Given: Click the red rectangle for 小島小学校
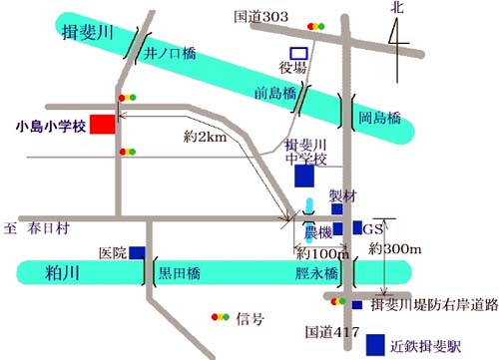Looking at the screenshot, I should pyautogui.click(x=101, y=125).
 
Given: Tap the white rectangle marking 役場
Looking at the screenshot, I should pyautogui.click(x=296, y=53).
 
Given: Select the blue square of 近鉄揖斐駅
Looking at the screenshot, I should pyautogui.click(x=375, y=344).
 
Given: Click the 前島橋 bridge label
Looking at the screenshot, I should pyautogui.click(x=272, y=93).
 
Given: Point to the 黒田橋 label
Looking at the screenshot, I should pyautogui.click(x=183, y=270).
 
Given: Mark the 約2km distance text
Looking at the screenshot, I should pyautogui.click(x=206, y=137).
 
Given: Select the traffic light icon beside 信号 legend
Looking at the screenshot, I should pyautogui.click(x=219, y=318).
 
